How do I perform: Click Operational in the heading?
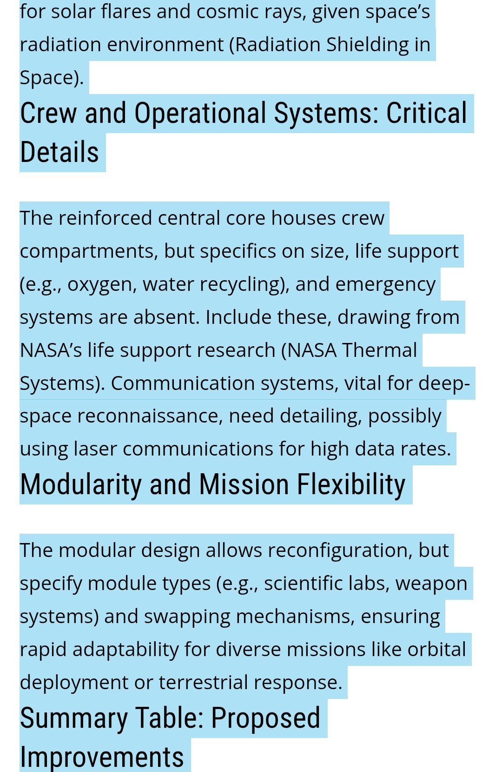(x=200, y=113)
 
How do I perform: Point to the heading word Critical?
(x=426, y=113)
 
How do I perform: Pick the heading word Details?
(x=59, y=153)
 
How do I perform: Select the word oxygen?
(x=99, y=284)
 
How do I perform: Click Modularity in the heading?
(x=81, y=484)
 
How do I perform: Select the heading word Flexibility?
(x=351, y=484)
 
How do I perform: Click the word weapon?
(x=431, y=583)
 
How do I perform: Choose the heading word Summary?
(x=74, y=718)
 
